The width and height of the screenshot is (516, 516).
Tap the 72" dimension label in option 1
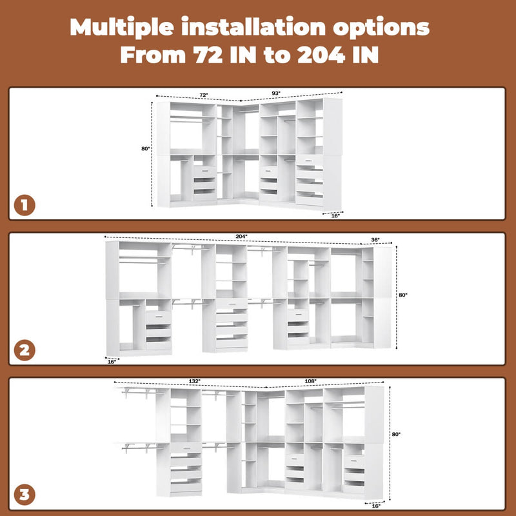click(203, 95)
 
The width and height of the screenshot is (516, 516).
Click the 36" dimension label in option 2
click(375, 240)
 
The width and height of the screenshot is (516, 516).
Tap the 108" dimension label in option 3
click(310, 381)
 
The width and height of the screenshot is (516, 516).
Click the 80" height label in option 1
click(145, 149)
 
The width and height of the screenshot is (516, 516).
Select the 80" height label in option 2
click(403, 295)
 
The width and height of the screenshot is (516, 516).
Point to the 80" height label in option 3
click(396, 435)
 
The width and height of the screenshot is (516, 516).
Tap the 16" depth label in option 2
click(111, 362)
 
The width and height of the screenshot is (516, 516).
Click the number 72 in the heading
click(208, 55)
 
